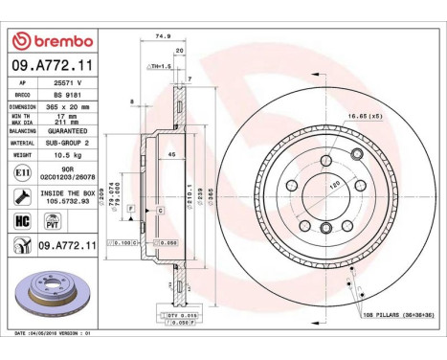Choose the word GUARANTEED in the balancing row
(68, 129)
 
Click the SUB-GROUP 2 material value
(68, 141)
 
